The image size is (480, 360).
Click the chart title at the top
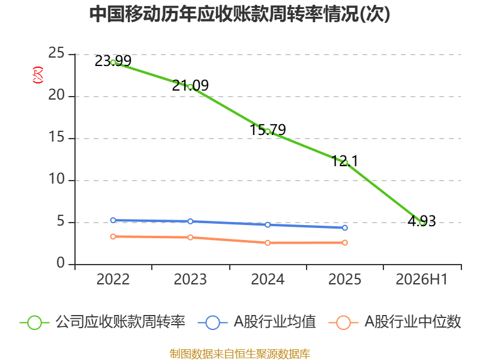pos(239,14)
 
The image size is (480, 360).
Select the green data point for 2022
pos(113,62)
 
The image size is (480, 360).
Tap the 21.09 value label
pos(190,85)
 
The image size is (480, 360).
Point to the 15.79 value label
pos(268,130)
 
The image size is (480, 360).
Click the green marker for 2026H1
pos(422,223)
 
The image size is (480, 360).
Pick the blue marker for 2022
pos(113,220)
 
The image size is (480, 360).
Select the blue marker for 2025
pos(344,228)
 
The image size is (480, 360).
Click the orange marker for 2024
pos(268,243)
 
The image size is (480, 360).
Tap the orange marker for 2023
pos(190,237)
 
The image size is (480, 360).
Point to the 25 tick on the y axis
pos(56,53)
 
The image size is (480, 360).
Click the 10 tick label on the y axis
pos(56,179)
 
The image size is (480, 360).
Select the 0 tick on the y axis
pos(61,263)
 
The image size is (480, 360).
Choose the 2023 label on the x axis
pos(190,279)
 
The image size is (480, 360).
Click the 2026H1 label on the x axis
pos(422,279)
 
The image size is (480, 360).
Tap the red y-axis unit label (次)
pos(38,75)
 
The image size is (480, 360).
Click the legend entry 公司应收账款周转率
pos(103,322)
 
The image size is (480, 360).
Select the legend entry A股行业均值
pos(257,322)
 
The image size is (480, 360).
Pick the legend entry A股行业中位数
pos(395,322)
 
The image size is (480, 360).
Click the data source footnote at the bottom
pos(239,354)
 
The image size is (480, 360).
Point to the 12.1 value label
pos(344,161)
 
